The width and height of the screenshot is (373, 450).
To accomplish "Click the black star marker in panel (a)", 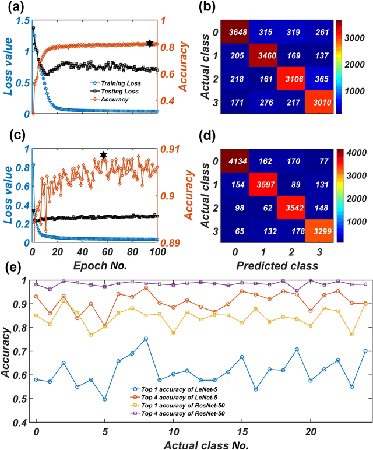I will coord(150,44).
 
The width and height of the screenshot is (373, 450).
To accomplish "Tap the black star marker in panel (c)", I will coord(104,155).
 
